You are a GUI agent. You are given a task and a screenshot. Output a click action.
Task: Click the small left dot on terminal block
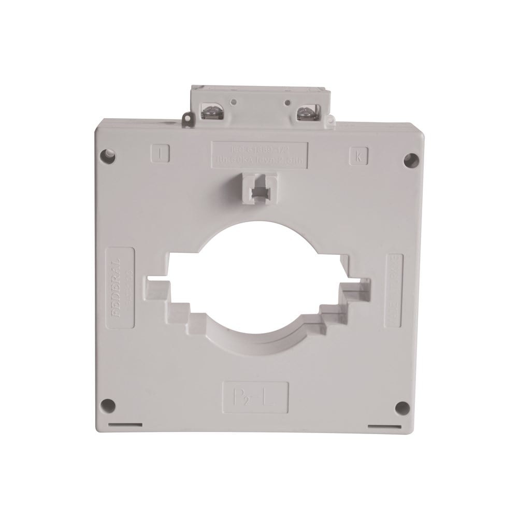pos(235,102)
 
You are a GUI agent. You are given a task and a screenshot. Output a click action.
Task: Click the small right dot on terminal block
pos(283,102)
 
